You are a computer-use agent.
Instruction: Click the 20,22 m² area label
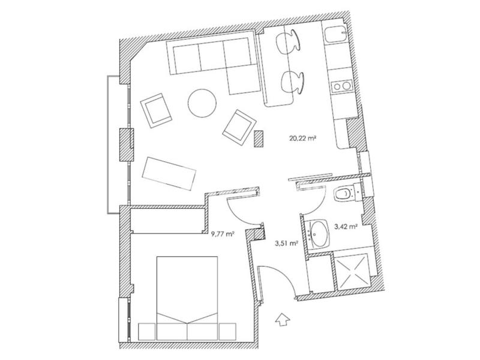(x=302, y=138)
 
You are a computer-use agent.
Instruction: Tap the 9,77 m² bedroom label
(x=223, y=235)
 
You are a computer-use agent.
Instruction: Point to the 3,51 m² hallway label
(x=287, y=244)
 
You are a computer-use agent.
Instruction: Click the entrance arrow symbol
(x=282, y=320)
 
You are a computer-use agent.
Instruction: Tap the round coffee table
(x=202, y=103)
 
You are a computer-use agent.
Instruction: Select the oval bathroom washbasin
(x=319, y=233)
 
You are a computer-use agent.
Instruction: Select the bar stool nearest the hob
(x=292, y=82)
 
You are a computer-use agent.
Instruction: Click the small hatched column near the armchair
(x=259, y=139)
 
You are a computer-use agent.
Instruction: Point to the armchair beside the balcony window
(x=156, y=110)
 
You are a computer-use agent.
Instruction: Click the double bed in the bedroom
(x=187, y=298)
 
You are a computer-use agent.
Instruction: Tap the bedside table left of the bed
(x=147, y=332)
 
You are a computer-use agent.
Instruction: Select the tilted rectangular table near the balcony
(x=169, y=173)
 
